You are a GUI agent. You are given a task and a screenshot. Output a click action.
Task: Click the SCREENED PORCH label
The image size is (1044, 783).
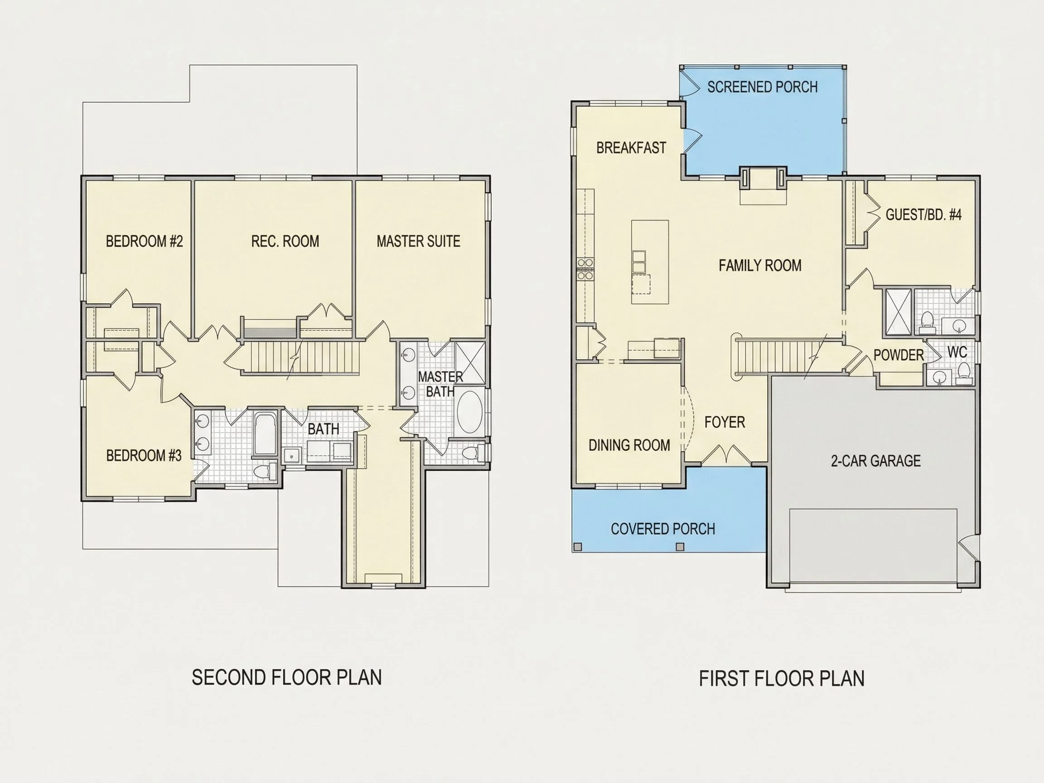[x=762, y=87]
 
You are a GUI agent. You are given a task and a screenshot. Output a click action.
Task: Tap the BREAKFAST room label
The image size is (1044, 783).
[x=631, y=148]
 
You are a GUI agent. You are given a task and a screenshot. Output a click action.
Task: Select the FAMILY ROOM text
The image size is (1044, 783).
[x=760, y=265]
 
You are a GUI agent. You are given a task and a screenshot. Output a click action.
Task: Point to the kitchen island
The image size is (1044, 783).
[x=650, y=262]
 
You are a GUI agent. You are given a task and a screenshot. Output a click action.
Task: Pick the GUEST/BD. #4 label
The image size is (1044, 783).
[x=923, y=215]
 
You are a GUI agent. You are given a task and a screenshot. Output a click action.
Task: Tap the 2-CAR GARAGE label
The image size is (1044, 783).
[x=876, y=461]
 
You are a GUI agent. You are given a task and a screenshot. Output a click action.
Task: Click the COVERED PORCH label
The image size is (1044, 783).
[x=662, y=529]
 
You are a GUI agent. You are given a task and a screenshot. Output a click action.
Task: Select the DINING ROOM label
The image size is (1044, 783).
[x=629, y=445]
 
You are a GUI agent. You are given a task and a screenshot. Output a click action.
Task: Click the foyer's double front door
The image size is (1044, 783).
[x=725, y=455]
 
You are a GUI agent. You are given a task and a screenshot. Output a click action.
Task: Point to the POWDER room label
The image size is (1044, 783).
[x=899, y=355]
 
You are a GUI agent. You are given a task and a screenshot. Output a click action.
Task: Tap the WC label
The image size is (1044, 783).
[x=957, y=352]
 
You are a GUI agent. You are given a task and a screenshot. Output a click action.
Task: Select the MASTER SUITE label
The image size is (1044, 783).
[x=418, y=241]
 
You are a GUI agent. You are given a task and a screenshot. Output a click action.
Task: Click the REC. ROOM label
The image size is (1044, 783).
[x=285, y=241]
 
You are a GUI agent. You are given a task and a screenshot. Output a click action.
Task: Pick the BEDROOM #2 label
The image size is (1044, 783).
[x=144, y=241]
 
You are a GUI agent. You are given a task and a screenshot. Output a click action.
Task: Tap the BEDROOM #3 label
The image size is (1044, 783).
[x=144, y=455]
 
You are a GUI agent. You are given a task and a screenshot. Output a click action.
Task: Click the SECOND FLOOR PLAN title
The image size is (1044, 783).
[x=286, y=677]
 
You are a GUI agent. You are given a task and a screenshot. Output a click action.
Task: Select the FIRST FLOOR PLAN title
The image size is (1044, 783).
[x=782, y=679]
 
